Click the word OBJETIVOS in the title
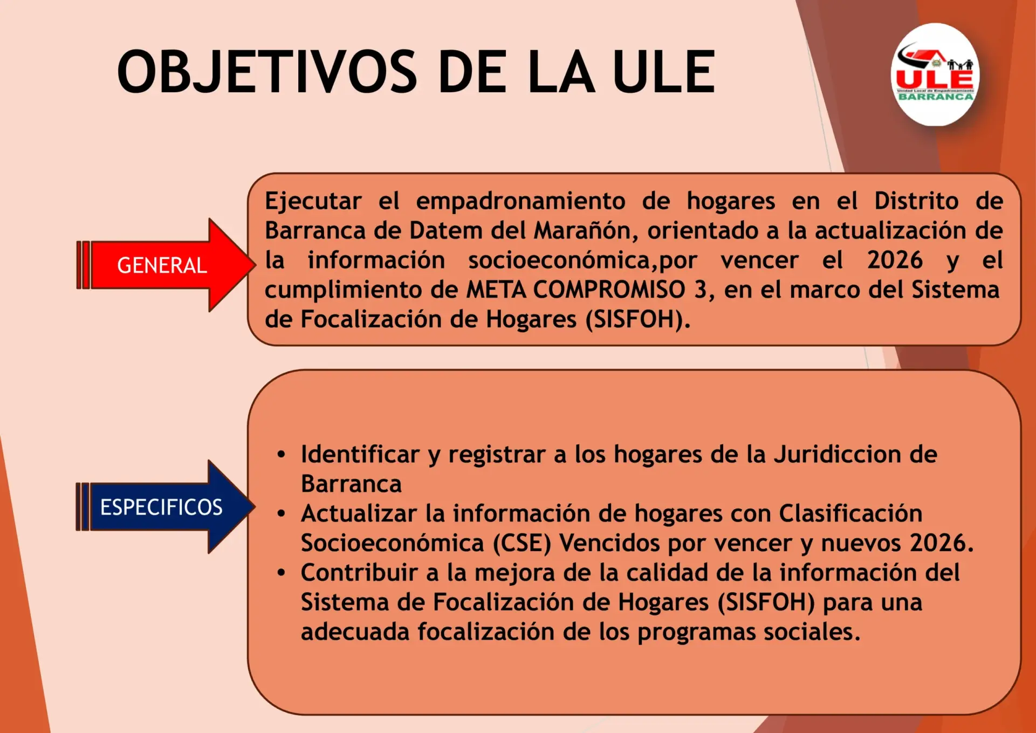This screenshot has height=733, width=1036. [x=267, y=71]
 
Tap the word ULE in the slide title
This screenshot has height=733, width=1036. [x=664, y=71]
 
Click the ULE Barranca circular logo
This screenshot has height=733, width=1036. [x=935, y=74]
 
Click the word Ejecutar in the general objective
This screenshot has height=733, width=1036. [x=313, y=202]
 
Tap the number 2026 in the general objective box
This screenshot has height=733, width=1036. [x=895, y=260]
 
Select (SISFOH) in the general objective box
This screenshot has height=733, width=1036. [x=638, y=319]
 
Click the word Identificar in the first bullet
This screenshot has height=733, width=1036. [x=360, y=454]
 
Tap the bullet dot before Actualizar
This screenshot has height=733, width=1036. [x=281, y=513]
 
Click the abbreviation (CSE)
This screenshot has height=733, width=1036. [x=522, y=543]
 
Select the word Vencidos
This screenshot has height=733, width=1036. [x=609, y=543]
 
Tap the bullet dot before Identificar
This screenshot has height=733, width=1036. [x=281, y=455]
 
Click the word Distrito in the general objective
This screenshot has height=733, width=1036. [x=916, y=201]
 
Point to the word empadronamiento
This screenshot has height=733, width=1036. [x=520, y=202]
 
